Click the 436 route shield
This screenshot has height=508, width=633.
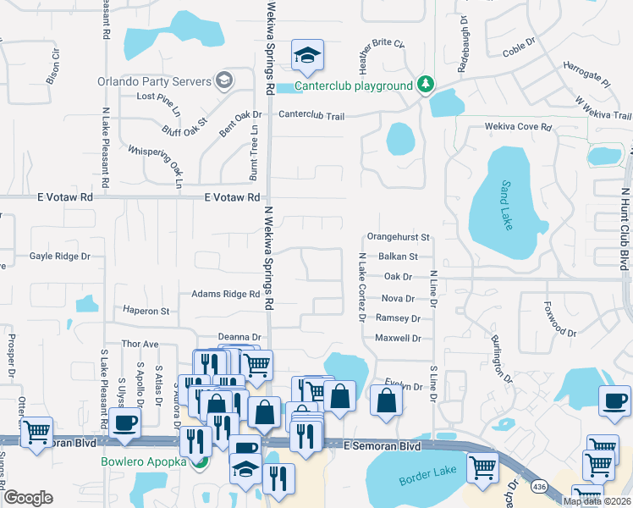click(538, 487)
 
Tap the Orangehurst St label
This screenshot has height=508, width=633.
click(399, 237)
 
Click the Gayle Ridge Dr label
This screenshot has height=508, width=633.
click(59, 256)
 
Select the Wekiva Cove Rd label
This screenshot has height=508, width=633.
click(518, 127)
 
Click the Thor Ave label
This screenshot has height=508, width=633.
click(140, 345)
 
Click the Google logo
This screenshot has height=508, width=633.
click(28, 498)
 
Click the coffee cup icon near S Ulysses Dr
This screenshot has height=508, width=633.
click(125, 422)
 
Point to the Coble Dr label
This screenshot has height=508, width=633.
click(520, 41)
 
